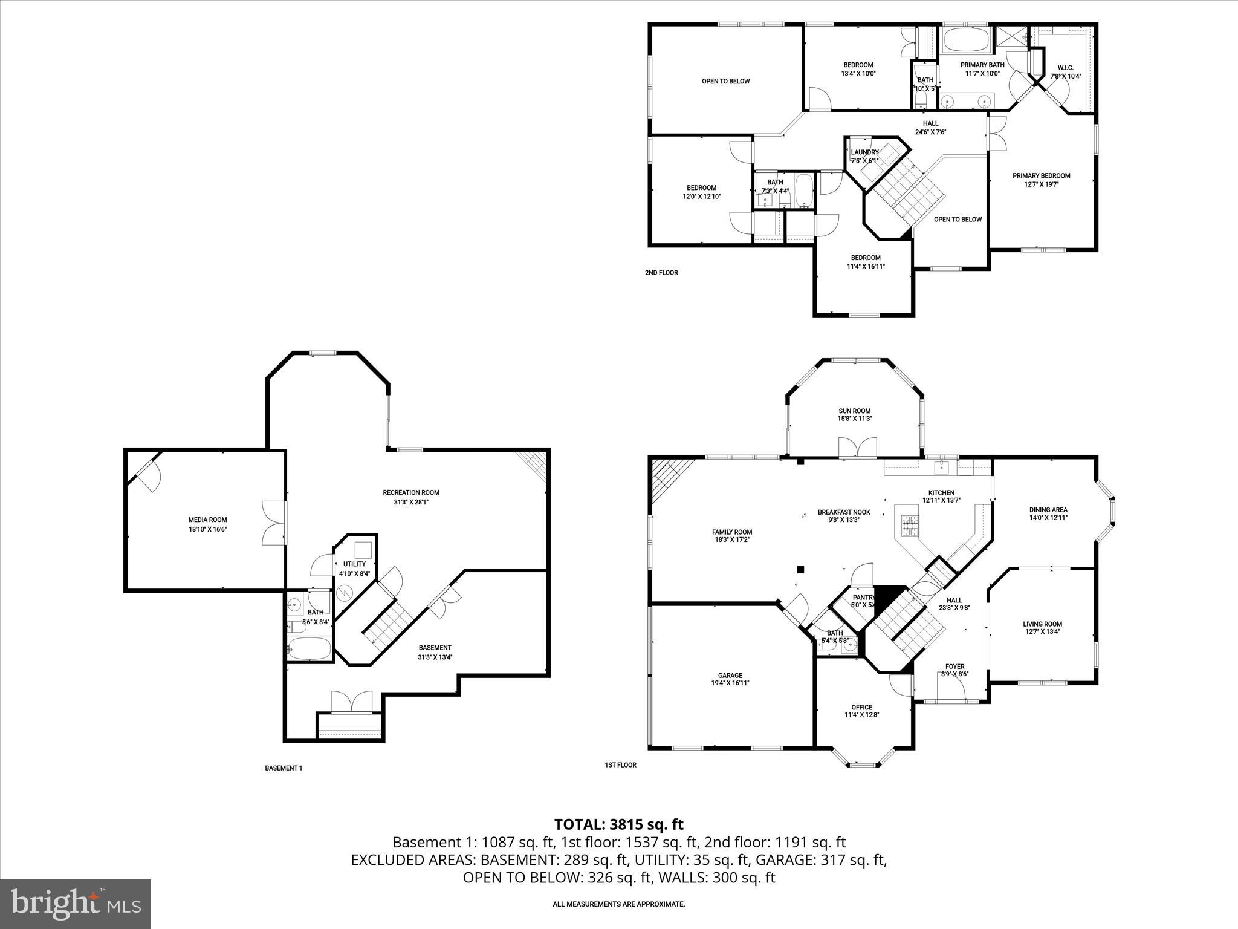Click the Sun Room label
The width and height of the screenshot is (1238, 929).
pyautogui.click(x=854, y=411)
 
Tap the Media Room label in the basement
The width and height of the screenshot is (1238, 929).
pyautogui.click(x=207, y=520)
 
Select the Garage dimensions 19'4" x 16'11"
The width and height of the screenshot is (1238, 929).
pyautogui.click(x=730, y=683)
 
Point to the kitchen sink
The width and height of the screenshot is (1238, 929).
pyautogui.click(x=941, y=466)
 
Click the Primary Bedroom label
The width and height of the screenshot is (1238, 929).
pyautogui.click(x=1041, y=176)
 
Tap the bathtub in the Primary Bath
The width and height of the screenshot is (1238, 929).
pyautogui.click(x=966, y=41)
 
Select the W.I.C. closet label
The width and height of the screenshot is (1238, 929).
pyautogui.click(x=1065, y=68)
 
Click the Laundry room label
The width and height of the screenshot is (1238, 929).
pyautogui.click(x=864, y=152)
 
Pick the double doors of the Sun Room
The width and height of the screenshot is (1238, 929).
pyautogui.click(x=857, y=447)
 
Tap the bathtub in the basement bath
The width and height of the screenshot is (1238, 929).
pyautogui.click(x=309, y=649)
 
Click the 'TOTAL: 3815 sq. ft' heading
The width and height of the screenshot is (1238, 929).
pyautogui.click(x=618, y=824)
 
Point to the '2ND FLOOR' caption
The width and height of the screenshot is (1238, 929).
pyautogui.click(x=661, y=273)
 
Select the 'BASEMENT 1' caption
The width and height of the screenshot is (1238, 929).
pyautogui.click(x=283, y=768)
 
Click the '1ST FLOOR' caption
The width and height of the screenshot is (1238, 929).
pyautogui.click(x=620, y=765)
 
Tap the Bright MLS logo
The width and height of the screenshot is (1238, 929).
pyautogui.click(x=76, y=904)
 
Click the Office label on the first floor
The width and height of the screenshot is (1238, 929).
pyautogui.click(x=861, y=707)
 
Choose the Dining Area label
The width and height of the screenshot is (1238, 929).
pyautogui.click(x=1048, y=510)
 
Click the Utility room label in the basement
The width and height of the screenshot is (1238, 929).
pyautogui.click(x=354, y=564)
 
